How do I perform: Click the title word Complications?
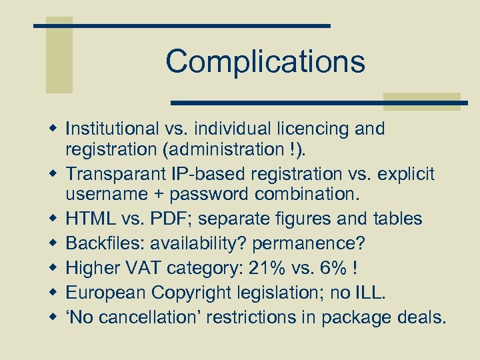265,61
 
